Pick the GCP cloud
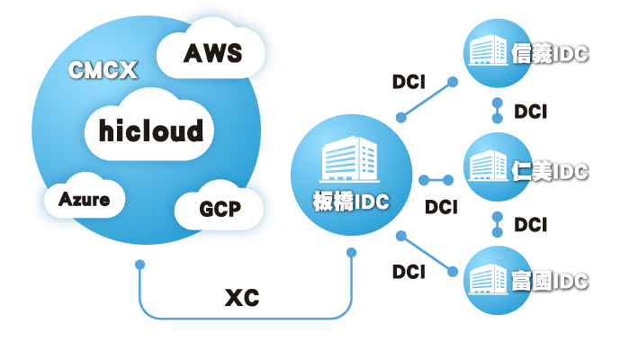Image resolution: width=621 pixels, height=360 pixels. tap(220, 210)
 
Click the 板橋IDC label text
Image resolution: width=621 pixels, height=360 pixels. tap(351, 202)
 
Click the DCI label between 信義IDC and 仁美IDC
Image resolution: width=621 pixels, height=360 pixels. tap(531, 112)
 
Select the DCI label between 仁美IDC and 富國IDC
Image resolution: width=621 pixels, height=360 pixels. tap(531, 224)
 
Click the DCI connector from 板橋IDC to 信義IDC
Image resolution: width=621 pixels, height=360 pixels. tap(426, 100)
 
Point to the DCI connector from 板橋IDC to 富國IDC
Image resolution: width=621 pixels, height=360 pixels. tap(427, 253)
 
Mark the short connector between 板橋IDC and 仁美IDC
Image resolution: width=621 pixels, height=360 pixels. tap(436, 181)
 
